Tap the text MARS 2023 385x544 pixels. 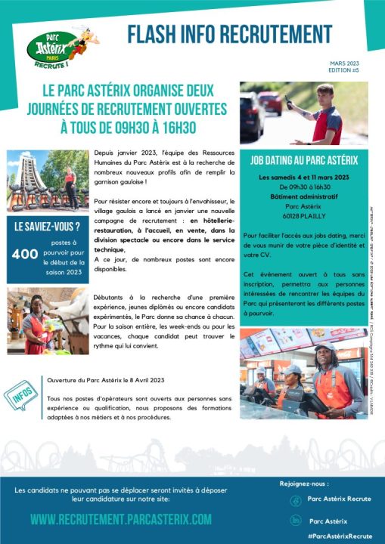pos(346,65)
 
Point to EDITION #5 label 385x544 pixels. pos(346,72)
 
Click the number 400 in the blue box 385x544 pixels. pos(26,255)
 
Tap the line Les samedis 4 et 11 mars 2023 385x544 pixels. pos(304,177)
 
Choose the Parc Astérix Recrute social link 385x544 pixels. pos(338,500)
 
